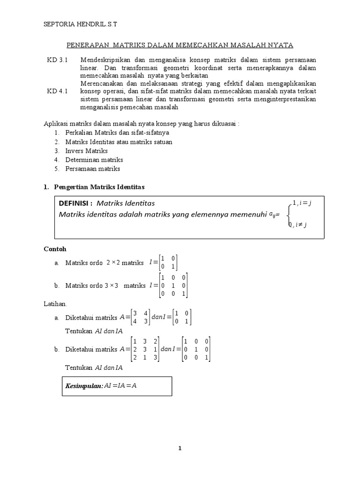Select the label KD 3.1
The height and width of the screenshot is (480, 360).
(58, 60)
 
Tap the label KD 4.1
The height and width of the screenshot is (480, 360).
(58, 91)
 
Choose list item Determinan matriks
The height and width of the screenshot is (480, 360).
(94, 160)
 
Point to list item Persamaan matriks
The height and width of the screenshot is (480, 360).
(93, 169)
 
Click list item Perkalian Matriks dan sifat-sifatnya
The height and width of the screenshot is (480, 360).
(111, 133)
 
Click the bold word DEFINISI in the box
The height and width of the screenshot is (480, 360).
(75, 203)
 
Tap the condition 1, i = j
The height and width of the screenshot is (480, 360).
(302, 202)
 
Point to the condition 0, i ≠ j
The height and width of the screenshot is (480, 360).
(299, 225)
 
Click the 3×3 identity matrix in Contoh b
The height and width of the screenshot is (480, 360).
(174, 285)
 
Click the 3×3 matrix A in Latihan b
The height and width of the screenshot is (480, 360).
(145, 349)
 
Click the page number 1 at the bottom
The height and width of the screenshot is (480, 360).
(180, 449)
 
